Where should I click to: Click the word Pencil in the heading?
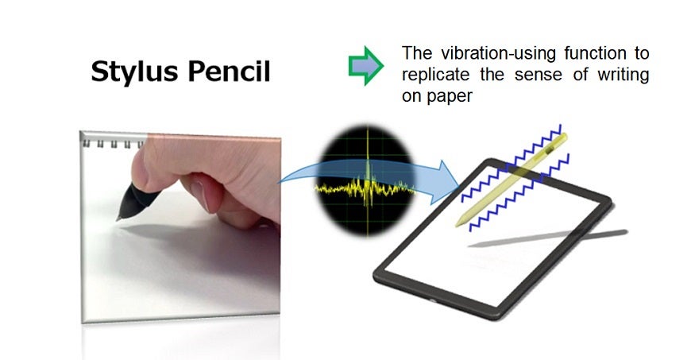pyautogui.click(x=230, y=71)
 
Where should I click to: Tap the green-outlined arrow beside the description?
pyautogui.click(x=366, y=66)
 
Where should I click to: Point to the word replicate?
pyautogui.click(x=435, y=75)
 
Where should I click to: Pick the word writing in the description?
pyautogui.click(x=623, y=75)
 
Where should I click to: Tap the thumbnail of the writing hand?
pyautogui.click(x=180, y=226)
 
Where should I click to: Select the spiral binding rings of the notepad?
pyautogui.click(x=114, y=143)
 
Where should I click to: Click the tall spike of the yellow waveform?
pyautogui.click(x=368, y=168)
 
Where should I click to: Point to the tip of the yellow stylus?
pyautogui.click(x=457, y=226)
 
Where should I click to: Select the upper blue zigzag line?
pyautogui.click(x=511, y=163)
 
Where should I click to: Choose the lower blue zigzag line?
pyautogui.click(x=519, y=192)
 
